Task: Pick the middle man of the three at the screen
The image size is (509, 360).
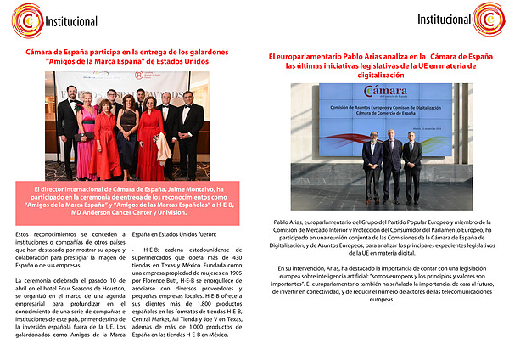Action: [x=392, y=163]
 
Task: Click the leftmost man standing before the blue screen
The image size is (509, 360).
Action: [x=372, y=163]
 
